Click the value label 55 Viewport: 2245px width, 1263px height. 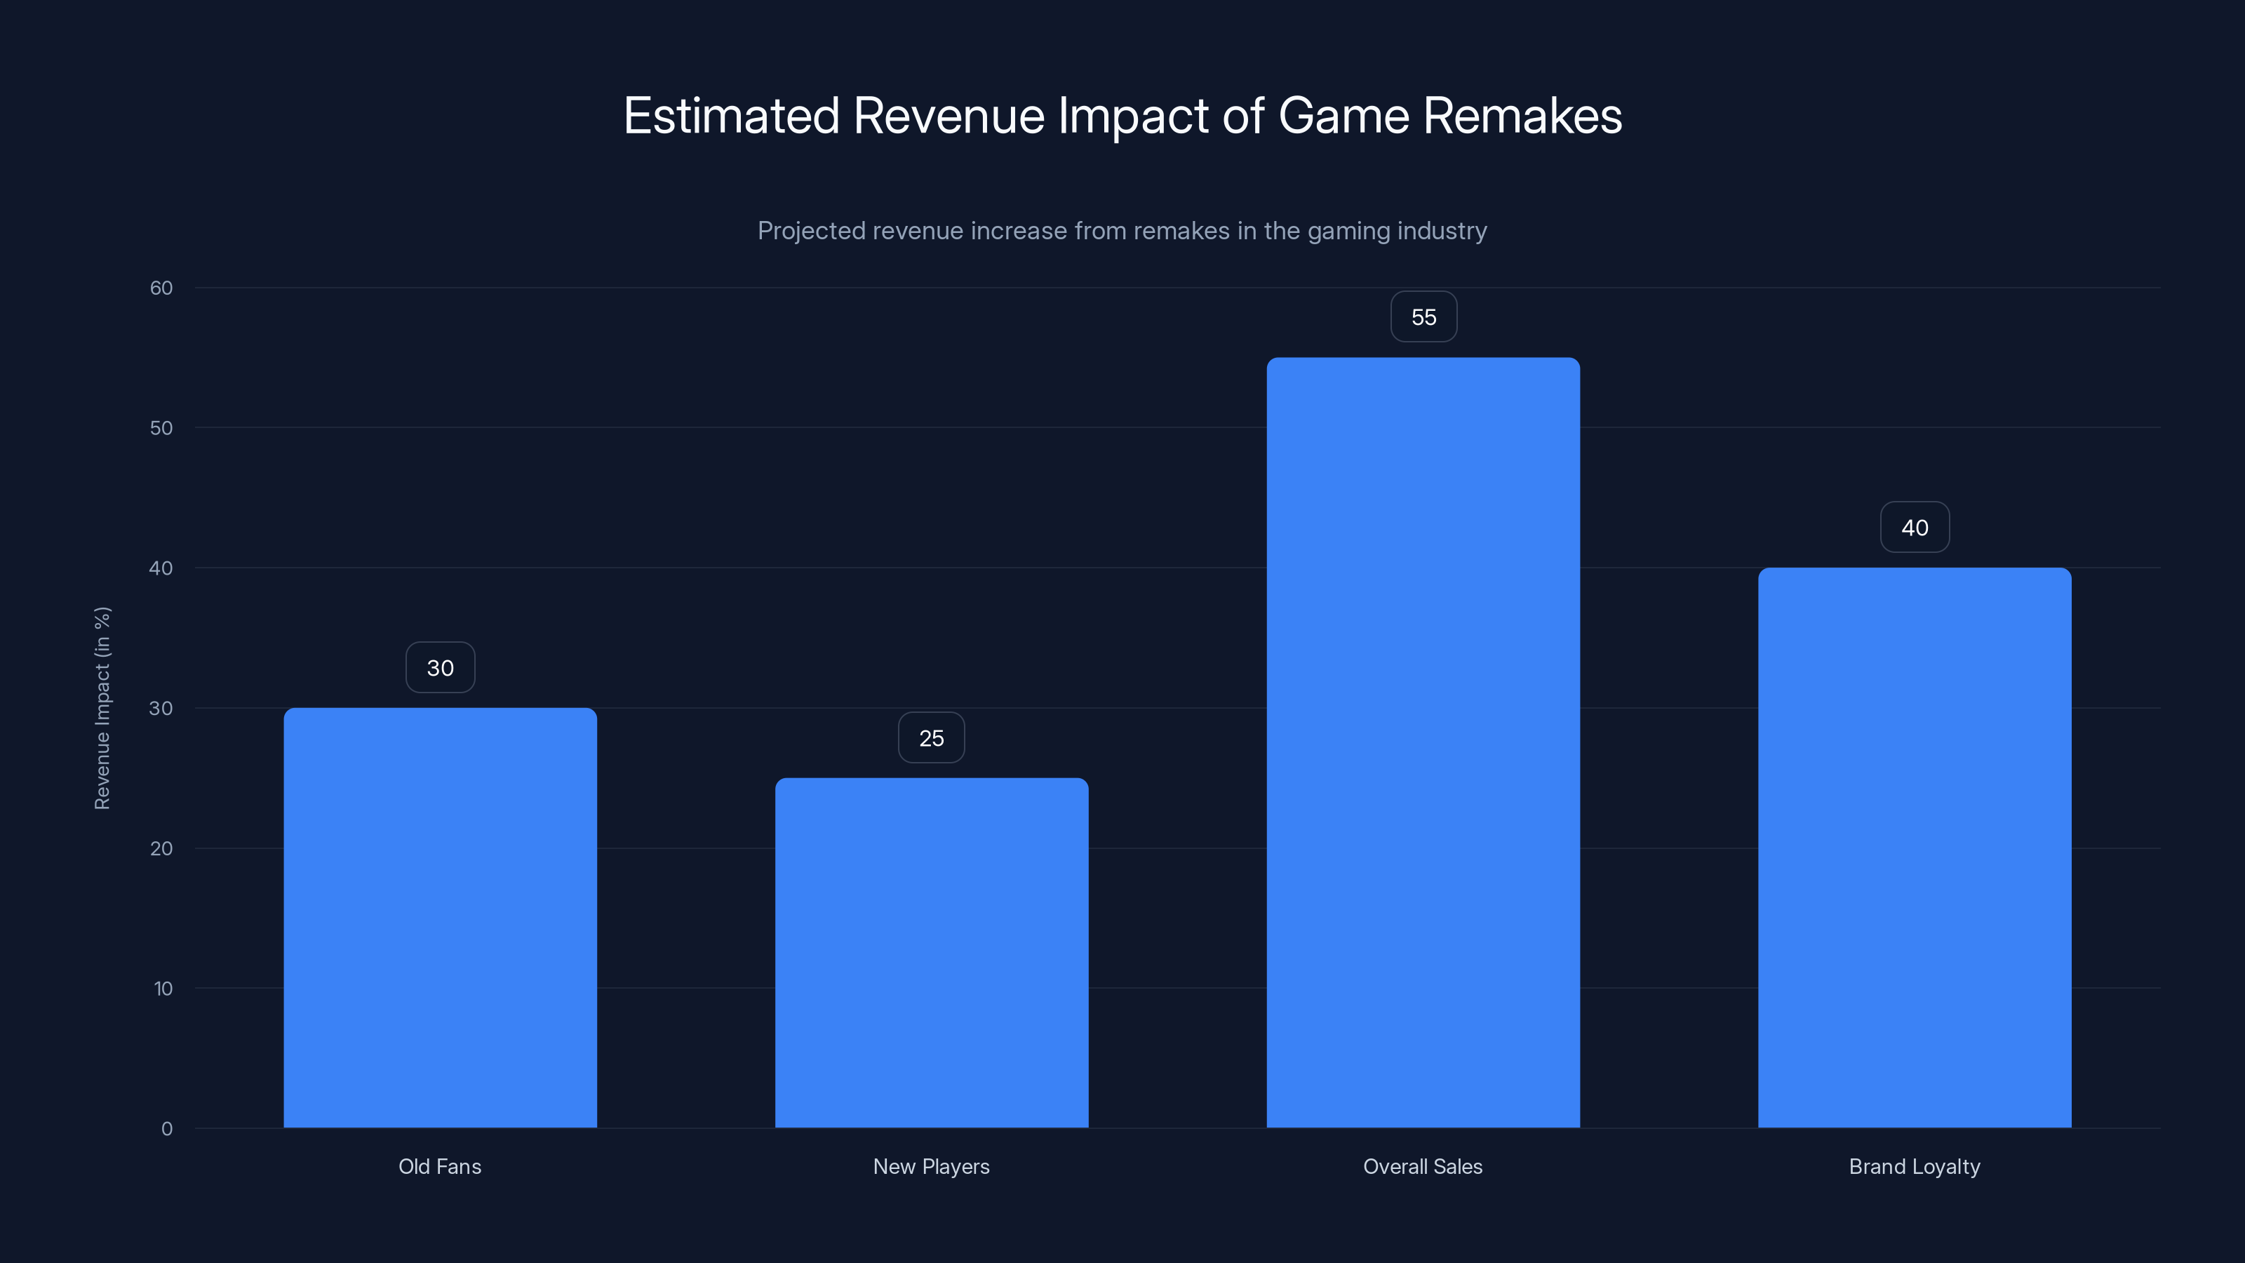tap(1423, 317)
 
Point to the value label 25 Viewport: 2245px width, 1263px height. tap(932, 738)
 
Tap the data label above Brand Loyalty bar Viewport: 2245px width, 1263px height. tap(1915, 528)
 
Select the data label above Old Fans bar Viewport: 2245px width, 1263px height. tap(440, 668)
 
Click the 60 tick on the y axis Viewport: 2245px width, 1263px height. tap(161, 288)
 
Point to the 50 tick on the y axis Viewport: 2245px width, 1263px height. tap(161, 428)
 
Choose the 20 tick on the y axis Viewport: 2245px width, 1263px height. tap(161, 848)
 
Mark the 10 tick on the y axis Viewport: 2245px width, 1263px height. tap(163, 989)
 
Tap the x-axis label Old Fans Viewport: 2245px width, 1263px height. tap(440, 1166)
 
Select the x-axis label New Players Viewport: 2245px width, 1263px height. tap(932, 1166)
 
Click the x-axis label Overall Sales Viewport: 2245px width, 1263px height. tap(1423, 1166)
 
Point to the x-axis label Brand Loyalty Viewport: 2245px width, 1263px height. tap(1915, 1166)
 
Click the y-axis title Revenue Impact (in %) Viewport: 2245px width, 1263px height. tap(102, 708)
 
